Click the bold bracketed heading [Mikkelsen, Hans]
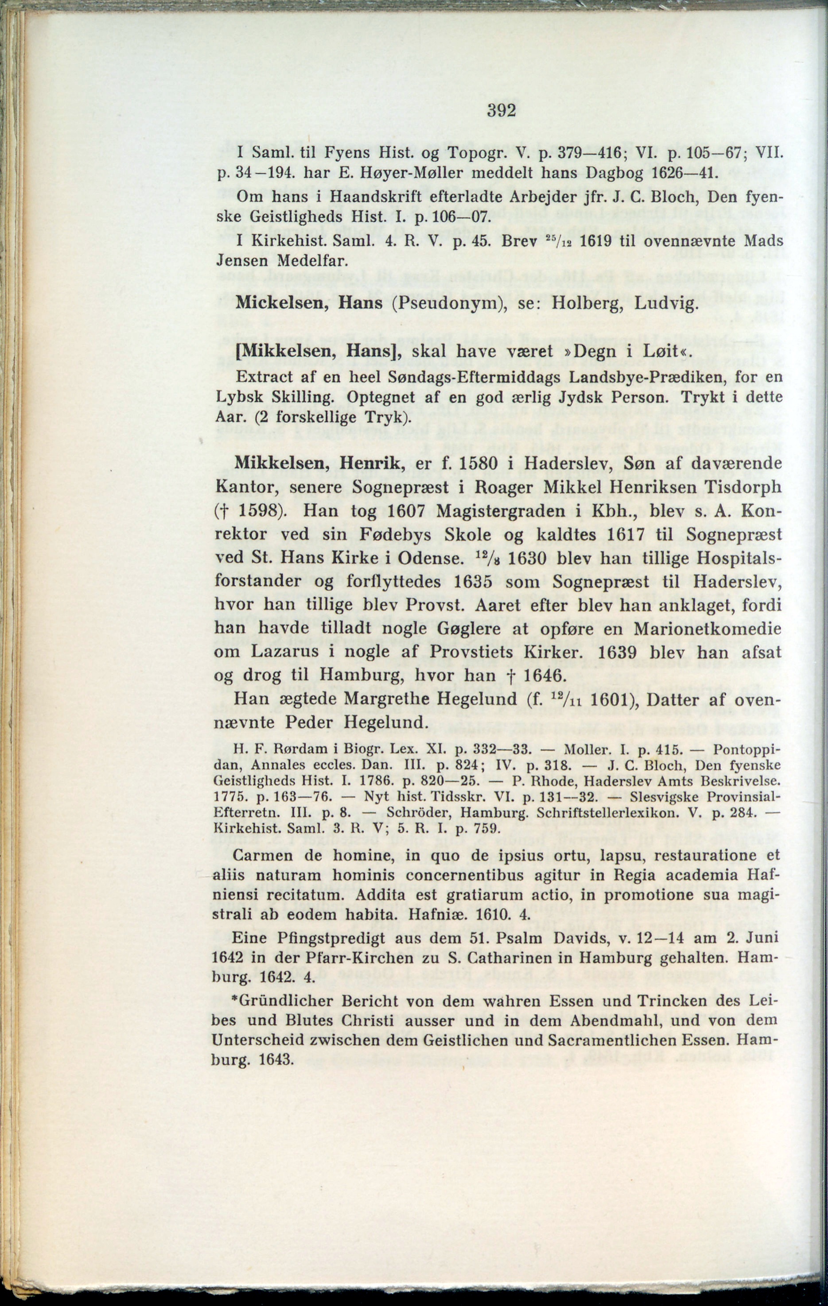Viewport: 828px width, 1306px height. point(318,351)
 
